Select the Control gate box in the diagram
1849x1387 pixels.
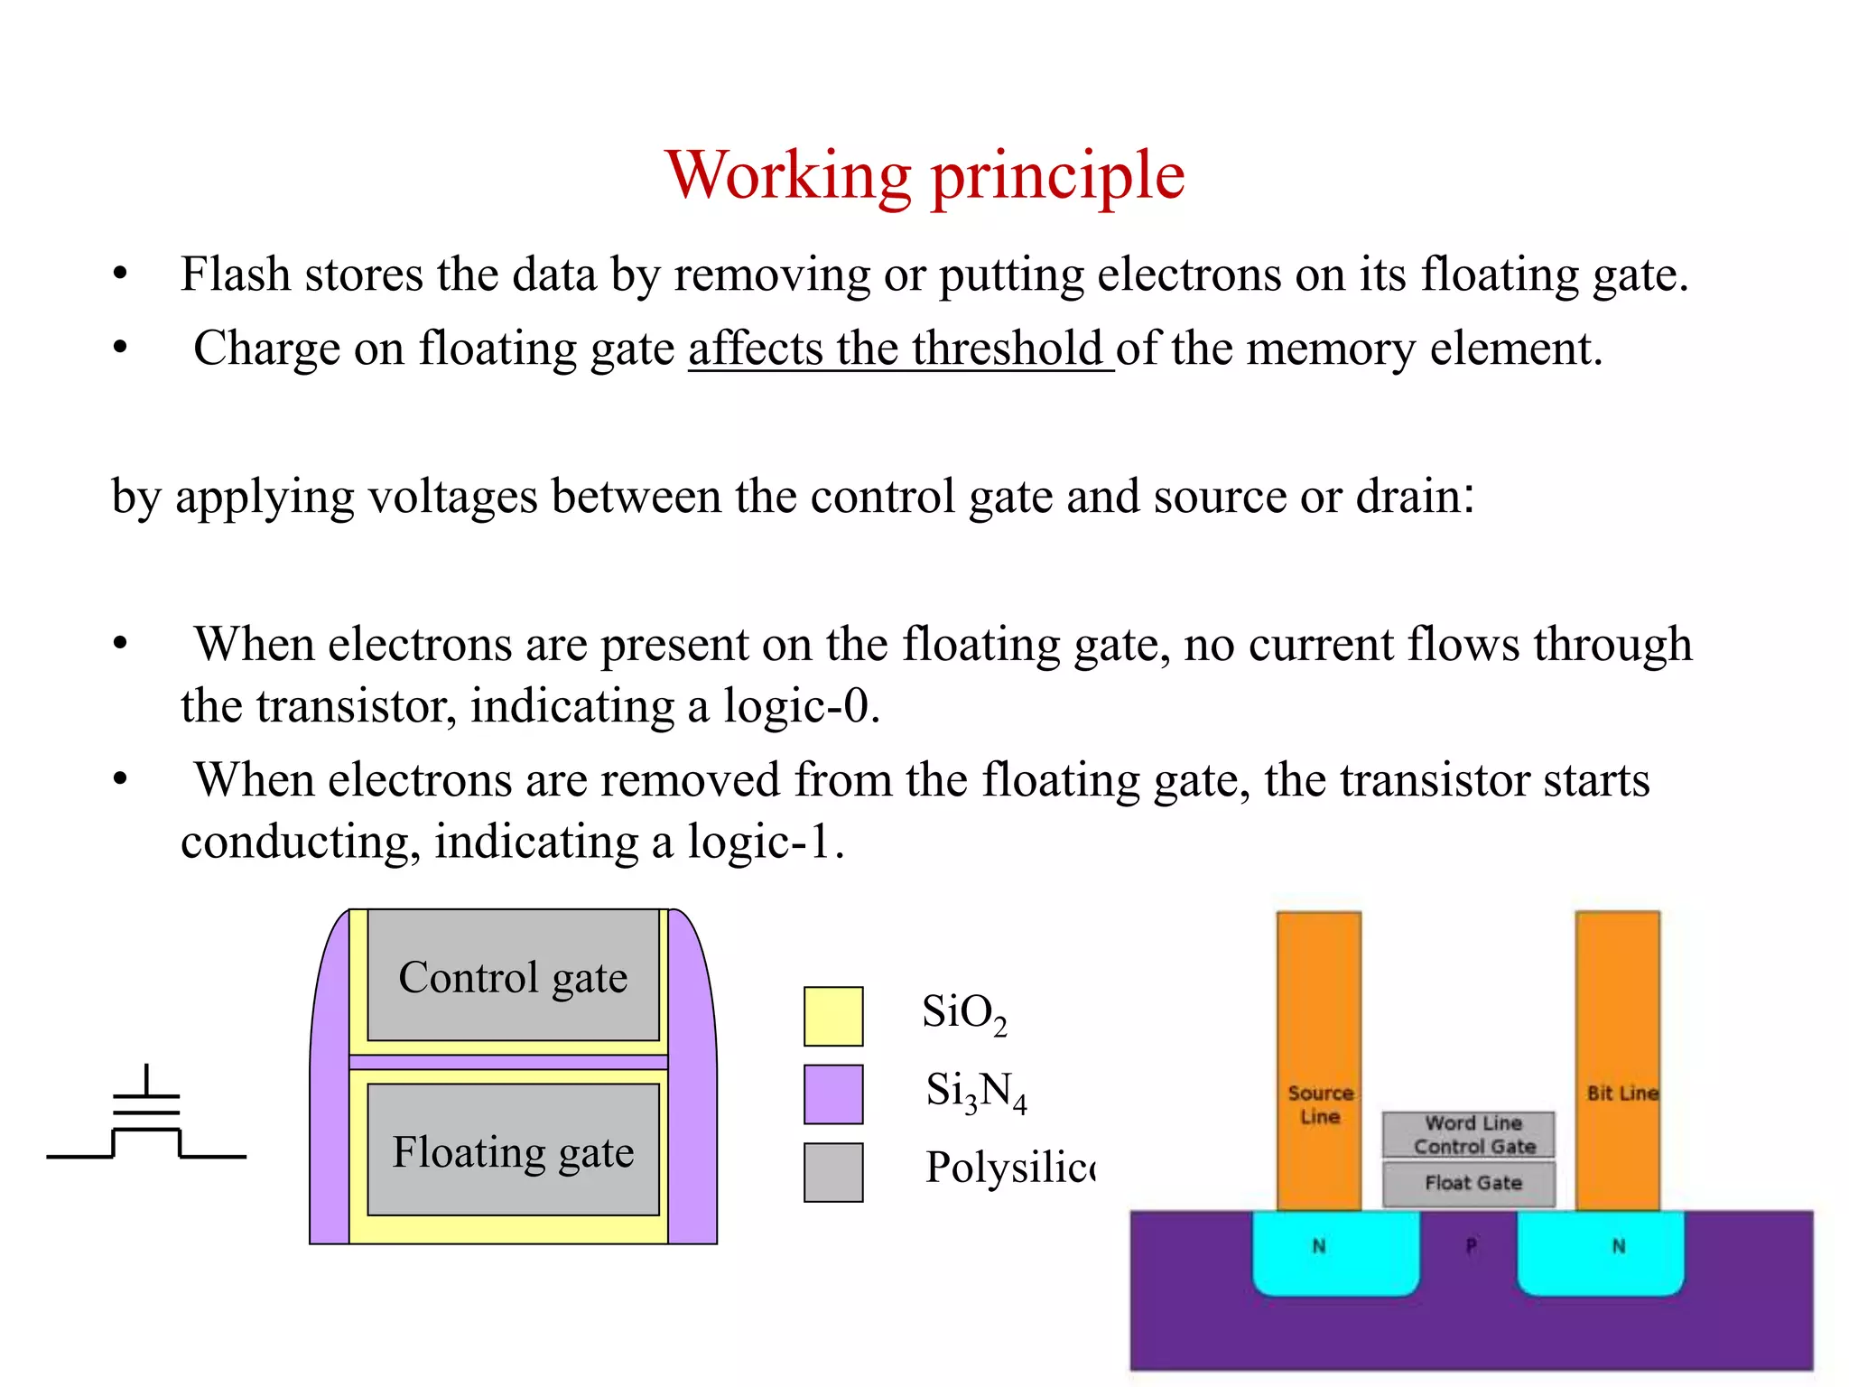coord(513,977)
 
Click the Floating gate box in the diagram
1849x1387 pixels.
coord(513,1151)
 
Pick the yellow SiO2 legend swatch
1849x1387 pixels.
coord(833,1016)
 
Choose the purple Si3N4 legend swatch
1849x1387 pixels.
coord(833,1094)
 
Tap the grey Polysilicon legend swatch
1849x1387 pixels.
coord(833,1172)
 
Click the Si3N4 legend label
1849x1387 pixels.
coord(976,1092)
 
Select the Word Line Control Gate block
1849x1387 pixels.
coord(1469,1135)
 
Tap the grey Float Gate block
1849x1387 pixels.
coord(1469,1184)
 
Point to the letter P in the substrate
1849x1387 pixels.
coord(1471,1247)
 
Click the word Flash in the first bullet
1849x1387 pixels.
coord(235,275)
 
